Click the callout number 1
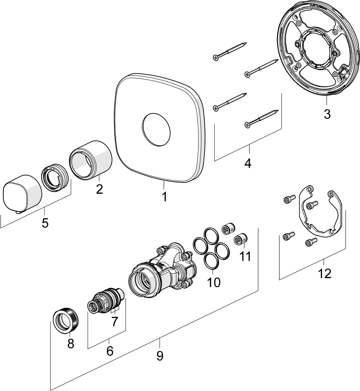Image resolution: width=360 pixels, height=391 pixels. click(x=164, y=196)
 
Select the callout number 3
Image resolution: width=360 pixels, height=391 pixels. click(x=327, y=114)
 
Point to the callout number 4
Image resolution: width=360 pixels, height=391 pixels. click(x=248, y=163)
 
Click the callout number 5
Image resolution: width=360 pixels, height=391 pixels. click(x=45, y=223)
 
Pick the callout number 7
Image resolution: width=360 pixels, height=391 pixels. click(x=114, y=321)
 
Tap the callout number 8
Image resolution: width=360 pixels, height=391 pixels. click(x=71, y=343)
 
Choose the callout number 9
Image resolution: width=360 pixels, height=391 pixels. click(x=159, y=355)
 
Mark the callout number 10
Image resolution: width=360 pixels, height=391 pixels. click(x=214, y=282)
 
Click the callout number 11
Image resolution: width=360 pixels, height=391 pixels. click(x=245, y=256)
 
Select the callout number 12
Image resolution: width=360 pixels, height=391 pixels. click(x=324, y=274)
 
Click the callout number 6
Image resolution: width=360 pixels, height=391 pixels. click(x=110, y=351)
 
